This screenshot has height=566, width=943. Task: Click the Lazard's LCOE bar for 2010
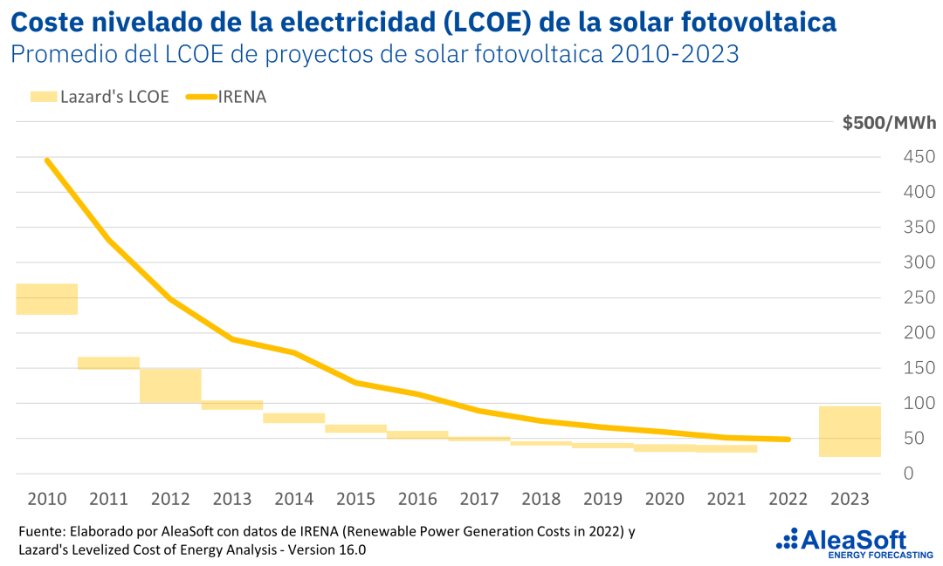point(47,299)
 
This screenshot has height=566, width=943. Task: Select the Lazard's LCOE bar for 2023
point(850,431)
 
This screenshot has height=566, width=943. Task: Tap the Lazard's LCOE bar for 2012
point(170,385)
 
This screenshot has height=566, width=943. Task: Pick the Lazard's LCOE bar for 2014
point(293,418)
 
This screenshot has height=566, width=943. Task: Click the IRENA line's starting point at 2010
point(46,160)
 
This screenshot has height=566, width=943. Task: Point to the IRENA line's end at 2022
point(788,440)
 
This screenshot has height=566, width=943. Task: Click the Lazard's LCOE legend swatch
point(42,96)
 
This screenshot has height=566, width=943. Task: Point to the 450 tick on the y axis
point(918,157)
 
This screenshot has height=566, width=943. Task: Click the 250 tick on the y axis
point(918,297)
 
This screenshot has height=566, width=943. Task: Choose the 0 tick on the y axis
point(909,474)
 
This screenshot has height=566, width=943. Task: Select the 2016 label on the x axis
point(416,499)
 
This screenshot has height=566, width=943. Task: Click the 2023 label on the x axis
point(850,499)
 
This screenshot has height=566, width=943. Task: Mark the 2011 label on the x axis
point(108,499)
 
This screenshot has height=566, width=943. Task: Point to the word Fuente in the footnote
point(38,531)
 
